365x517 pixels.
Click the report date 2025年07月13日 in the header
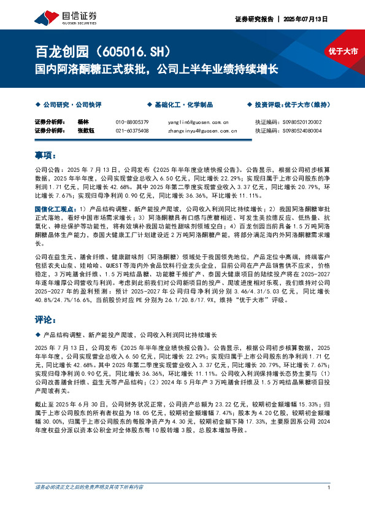pyautogui.click(x=309, y=19)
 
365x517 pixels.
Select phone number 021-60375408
pyautogui.click(x=132, y=130)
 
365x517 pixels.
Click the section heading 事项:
pyautogui.click(x=45, y=154)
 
